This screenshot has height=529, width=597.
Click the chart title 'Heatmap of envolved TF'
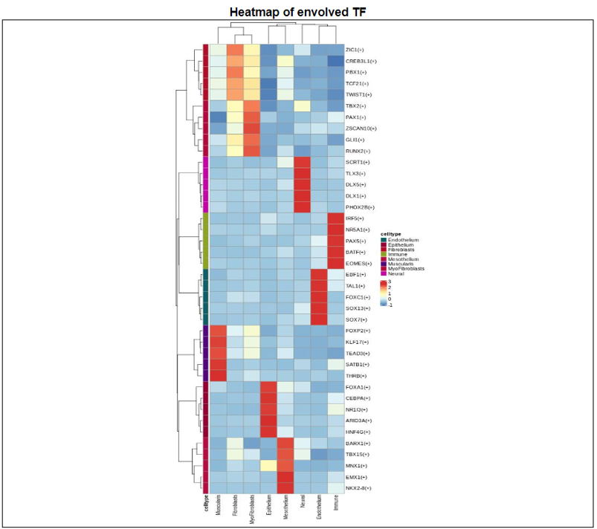[297, 13]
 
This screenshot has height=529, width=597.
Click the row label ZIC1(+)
[355, 50]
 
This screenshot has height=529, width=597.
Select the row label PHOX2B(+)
[359, 207]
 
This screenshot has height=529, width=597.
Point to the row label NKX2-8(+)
[358, 487]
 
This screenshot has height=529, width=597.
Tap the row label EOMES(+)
[358, 264]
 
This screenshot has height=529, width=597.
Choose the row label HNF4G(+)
[358, 432]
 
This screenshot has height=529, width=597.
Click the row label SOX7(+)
[355, 319]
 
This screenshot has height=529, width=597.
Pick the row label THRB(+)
[355, 376]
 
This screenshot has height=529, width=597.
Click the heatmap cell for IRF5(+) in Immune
[336, 218]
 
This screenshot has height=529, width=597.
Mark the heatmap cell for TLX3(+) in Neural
[303, 173]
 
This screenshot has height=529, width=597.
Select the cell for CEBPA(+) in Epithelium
[269, 398]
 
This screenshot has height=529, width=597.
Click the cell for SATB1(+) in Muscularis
[219, 364]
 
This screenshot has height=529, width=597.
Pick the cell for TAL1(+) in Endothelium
[320, 286]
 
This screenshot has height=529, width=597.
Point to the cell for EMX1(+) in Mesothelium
[285, 476]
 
